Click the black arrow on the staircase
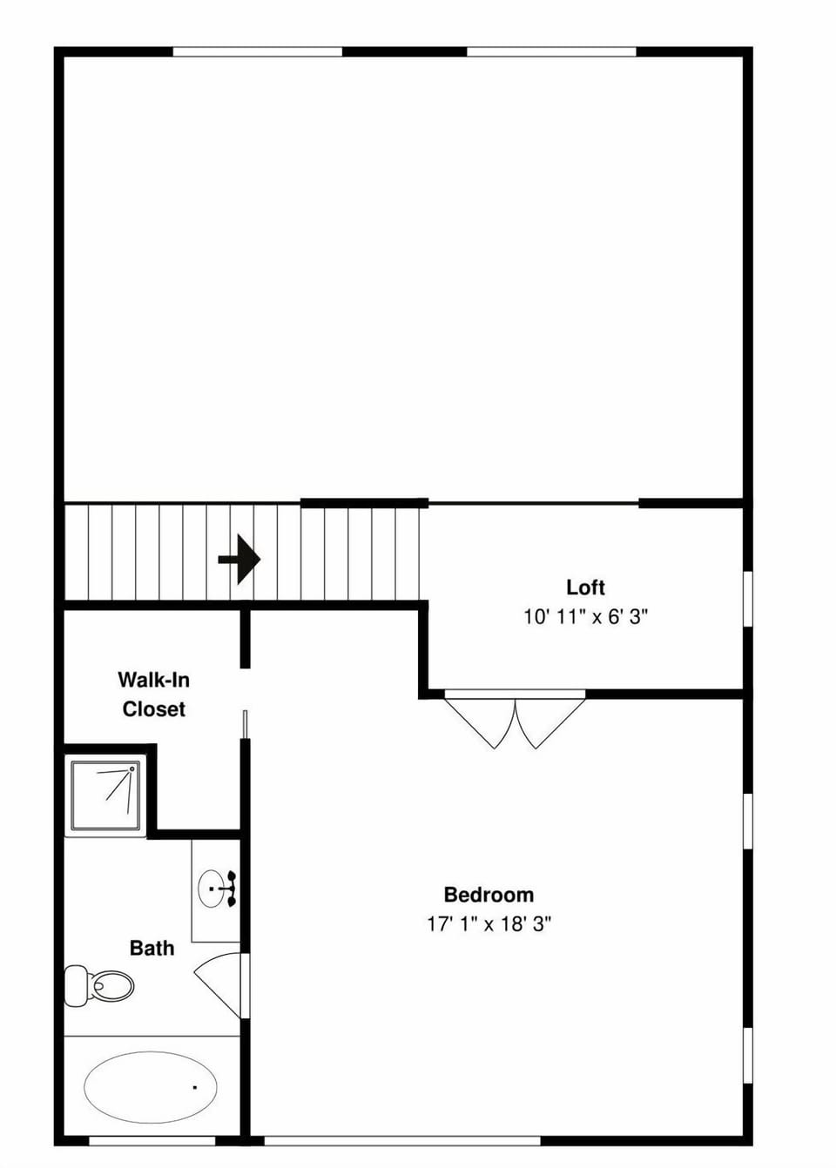[239, 559]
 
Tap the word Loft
[585, 587]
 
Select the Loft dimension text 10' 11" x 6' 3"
[585, 617]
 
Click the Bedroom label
[489, 895]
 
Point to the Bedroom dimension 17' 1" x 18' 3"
[489, 924]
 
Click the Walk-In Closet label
[153, 695]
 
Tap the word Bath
[152, 948]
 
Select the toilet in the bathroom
[99, 986]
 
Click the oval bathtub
[150, 1087]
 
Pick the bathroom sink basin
[212, 889]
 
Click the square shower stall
[105, 795]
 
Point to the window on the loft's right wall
[747, 598]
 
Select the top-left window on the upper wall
[257, 52]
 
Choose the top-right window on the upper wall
[551, 52]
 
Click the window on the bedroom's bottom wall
[401, 1140]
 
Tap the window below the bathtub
[152, 1140]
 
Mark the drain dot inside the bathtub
[194, 1087]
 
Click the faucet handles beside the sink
[232, 889]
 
